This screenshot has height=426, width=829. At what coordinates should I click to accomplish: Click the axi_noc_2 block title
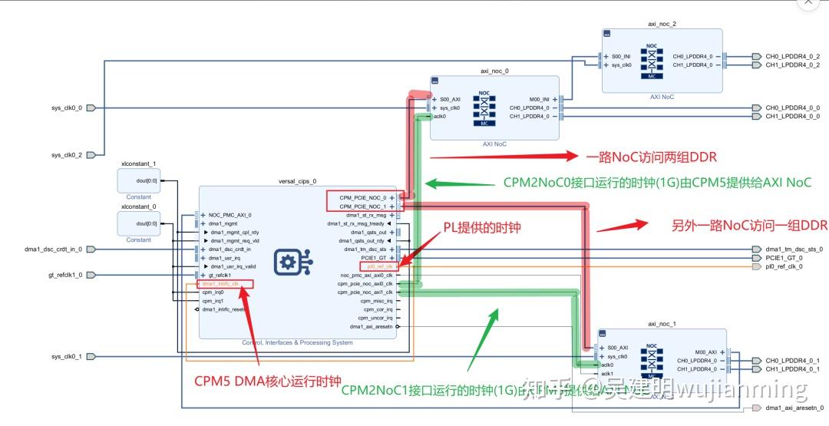(x=662, y=25)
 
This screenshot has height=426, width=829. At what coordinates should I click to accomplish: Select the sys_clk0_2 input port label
(x=67, y=155)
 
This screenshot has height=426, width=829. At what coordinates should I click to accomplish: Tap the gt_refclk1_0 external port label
(x=65, y=275)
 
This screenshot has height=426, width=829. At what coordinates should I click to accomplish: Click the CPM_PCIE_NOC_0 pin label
(x=363, y=197)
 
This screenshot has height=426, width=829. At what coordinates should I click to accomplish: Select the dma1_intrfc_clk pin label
(x=221, y=284)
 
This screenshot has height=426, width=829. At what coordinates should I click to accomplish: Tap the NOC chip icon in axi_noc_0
(x=484, y=108)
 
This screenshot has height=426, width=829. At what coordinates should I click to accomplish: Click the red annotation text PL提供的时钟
(x=482, y=227)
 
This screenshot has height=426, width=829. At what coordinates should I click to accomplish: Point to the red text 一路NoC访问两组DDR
(x=651, y=157)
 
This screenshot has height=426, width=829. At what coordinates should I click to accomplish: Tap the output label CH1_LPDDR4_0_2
(x=792, y=65)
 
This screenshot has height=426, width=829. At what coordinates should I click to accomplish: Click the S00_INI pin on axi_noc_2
(x=621, y=57)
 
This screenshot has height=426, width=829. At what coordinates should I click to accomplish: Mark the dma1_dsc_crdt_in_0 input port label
(x=52, y=249)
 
